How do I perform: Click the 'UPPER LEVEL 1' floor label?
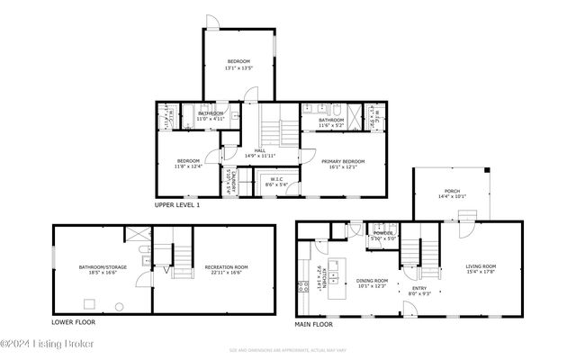click(176, 205)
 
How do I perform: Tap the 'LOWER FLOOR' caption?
click(74, 321)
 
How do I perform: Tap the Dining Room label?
click(372, 282)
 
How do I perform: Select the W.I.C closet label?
click(276, 178)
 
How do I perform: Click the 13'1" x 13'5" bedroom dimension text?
click(238, 66)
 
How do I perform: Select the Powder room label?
click(383, 233)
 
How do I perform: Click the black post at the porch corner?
click(486, 169)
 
